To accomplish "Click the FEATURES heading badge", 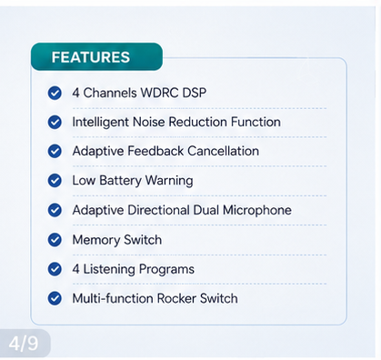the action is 96,56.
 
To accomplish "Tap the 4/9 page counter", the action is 24,343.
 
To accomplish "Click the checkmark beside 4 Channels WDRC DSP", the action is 55,93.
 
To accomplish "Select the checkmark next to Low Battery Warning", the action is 55,181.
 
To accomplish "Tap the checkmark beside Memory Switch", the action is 55,240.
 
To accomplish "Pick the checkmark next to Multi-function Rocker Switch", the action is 55,298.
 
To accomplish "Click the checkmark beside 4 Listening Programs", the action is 55,269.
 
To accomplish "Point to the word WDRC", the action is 160,93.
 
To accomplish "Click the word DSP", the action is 195,93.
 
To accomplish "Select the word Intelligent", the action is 101,123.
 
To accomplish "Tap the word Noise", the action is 149,122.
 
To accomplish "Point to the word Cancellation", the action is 224,151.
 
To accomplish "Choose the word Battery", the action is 121,181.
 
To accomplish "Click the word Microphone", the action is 257,210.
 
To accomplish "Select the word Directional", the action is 158,210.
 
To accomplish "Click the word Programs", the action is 166,269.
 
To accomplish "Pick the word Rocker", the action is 176,298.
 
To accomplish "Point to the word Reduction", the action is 198,122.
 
